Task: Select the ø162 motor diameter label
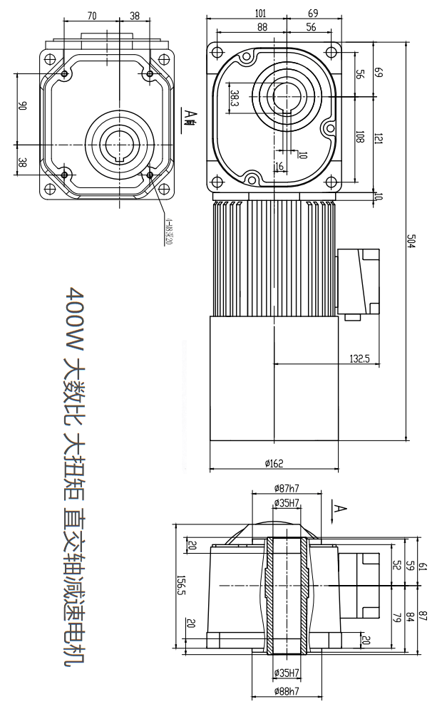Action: pos(274,464)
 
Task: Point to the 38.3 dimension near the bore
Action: pos(235,97)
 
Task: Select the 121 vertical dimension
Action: pos(378,138)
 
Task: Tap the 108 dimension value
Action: pos(360,138)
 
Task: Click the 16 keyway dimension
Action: pos(279,166)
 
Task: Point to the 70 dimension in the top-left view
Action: pos(92,15)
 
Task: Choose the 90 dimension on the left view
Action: pos(23,106)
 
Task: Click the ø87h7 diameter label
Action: pos(287,488)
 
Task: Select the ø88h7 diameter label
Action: pos(287,690)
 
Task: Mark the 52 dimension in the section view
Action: pos(396,564)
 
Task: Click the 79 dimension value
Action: pos(396,616)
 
